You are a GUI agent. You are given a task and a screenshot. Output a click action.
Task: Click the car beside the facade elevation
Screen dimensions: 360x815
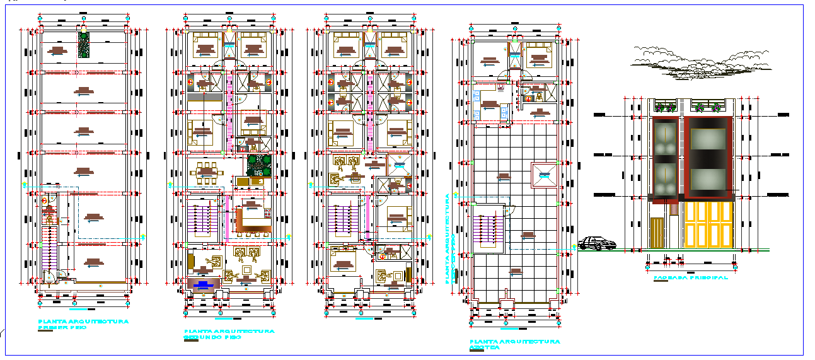tap(597, 243)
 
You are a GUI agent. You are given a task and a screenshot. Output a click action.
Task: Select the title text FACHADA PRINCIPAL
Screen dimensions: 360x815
tap(690, 277)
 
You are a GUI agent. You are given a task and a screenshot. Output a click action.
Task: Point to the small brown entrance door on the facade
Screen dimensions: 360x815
tap(657, 232)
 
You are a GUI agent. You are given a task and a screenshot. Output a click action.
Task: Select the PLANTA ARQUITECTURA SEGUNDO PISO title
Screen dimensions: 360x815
tap(229, 334)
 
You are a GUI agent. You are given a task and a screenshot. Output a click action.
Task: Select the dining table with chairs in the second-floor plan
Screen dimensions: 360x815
tap(205, 171)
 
